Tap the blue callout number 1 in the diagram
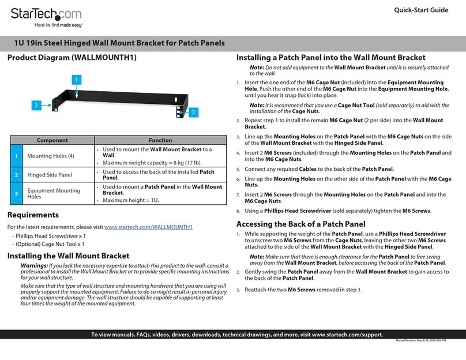pos(76,78)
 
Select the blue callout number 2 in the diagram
pos(35,106)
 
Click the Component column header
pos(52,140)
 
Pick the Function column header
pos(160,140)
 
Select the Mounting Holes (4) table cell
pos(51,156)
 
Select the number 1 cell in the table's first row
pos(17,156)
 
